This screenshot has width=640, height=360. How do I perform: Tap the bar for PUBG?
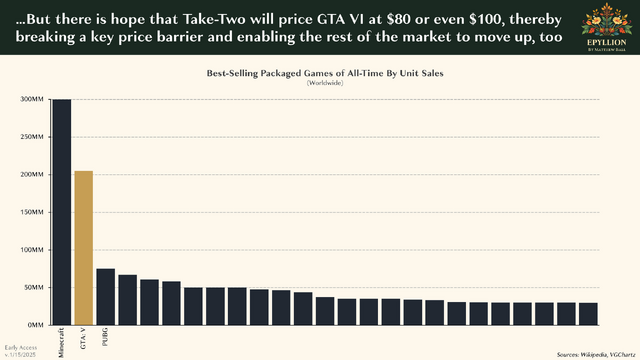(x=105, y=296)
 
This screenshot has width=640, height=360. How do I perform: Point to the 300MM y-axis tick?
(x=31, y=100)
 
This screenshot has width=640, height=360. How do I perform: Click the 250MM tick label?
(x=31, y=137)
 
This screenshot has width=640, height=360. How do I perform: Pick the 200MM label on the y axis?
(x=31, y=175)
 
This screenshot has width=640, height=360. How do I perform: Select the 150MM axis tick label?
(x=31, y=212)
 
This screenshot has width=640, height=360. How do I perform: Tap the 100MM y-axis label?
(x=31, y=250)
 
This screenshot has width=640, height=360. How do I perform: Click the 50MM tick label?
(x=33, y=287)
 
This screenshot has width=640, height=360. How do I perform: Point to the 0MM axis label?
(x=35, y=325)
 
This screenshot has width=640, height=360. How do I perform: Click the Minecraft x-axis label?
(x=62, y=341)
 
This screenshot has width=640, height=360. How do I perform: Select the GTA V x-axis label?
(x=84, y=336)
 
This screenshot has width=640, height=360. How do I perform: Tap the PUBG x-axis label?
(x=106, y=336)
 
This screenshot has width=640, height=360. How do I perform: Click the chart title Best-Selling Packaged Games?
(x=319, y=73)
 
